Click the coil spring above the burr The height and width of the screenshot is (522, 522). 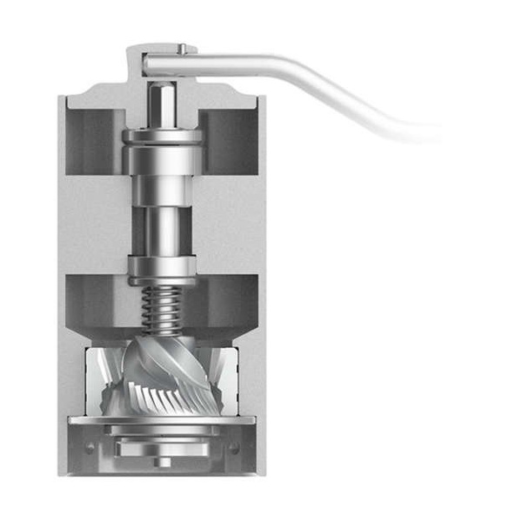click(x=163, y=311)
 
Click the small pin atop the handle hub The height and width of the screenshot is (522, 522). click(x=183, y=47)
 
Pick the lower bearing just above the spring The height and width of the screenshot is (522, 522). click(x=163, y=268)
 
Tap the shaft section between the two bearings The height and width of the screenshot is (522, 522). click(x=163, y=217)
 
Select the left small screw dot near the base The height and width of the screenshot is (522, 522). click(x=90, y=449)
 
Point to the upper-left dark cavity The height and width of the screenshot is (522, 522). click(x=97, y=139)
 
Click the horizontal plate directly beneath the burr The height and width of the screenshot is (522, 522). click(x=163, y=420)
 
